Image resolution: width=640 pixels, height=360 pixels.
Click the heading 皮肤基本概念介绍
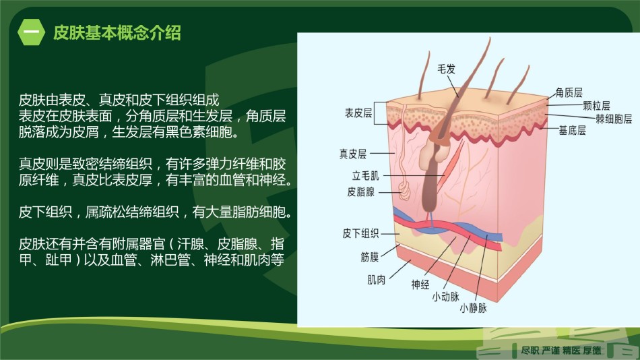pyautogui.click(x=117, y=32)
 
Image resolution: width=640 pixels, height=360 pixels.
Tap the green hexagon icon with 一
pyautogui.click(x=32, y=32)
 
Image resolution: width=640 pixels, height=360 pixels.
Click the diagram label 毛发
pyautogui.click(x=446, y=69)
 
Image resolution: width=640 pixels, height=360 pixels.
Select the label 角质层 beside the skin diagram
pyautogui.click(x=569, y=93)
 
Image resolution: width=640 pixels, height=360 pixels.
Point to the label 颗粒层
pyautogui.click(x=596, y=106)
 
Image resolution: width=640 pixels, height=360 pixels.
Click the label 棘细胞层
pyautogui.click(x=614, y=119)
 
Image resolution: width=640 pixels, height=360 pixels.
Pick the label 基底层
pyautogui.click(x=572, y=131)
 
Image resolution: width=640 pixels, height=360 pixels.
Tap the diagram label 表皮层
pyautogui.click(x=358, y=113)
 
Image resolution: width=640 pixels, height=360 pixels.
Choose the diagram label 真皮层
pyautogui.click(x=353, y=154)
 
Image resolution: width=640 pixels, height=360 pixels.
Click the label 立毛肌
pyautogui.click(x=366, y=176)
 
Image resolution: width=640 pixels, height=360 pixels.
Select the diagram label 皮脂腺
pyautogui.click(x=361, y=192)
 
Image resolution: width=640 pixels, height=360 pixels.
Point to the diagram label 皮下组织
pyautogui.click(x=360, y=234)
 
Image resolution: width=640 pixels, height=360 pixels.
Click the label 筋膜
pyautogui.click(x=370, y=257)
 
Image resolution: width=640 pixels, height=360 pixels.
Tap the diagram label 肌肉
pyautogui.click(x=377, y=280)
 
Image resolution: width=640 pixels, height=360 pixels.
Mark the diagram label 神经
pyautogui.click(x=420, y=284)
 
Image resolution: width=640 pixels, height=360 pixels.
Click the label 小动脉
pyautogui.click(x=446, y=297)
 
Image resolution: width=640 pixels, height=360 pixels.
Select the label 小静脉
pyautogui.click(x=473, y=308)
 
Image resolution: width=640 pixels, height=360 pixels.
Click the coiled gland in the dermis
pyautogui.click(x=405, y=191)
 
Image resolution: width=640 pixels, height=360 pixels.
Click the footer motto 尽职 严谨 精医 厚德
pyautogui.click(x=561, y=350)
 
